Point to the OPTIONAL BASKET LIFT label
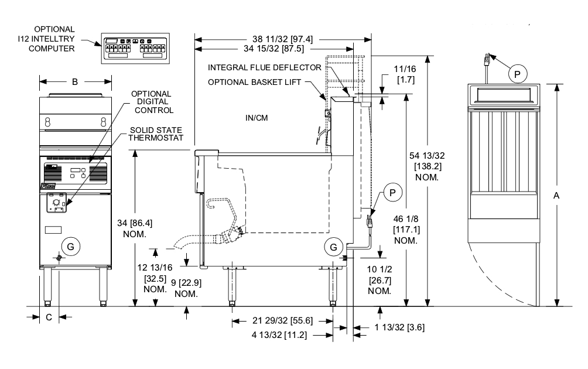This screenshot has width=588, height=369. [x=254, y=82]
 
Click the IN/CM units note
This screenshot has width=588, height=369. [x=257, y=118]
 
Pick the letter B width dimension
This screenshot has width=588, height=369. [x=75, y=82]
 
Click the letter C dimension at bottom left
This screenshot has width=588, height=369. [x=49, y=317]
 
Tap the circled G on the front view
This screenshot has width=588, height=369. [x=71, y=247]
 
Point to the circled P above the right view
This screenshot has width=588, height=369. [x=517, y=74]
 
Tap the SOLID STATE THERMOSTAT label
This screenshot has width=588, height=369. [x=155, y=134]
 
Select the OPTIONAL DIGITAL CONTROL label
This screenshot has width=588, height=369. [x=151, y=101]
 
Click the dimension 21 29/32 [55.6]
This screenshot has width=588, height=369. [x=283, y=320]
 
